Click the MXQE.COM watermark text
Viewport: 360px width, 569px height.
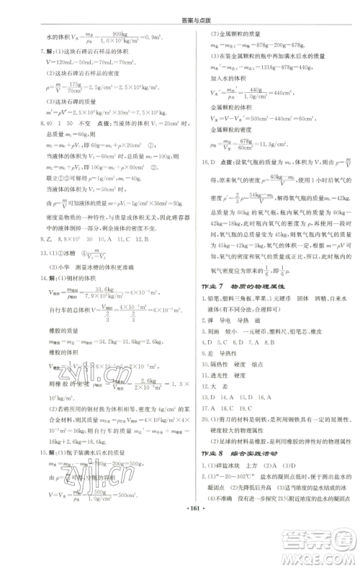coord(317,555)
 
